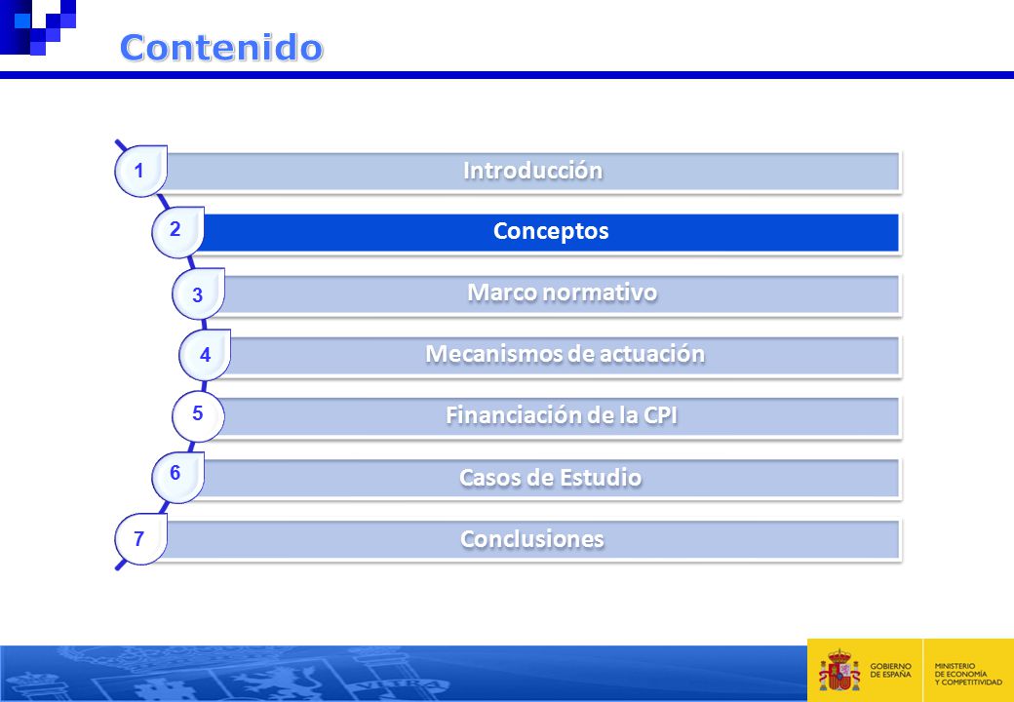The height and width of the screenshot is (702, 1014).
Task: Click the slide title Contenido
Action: (221, 47)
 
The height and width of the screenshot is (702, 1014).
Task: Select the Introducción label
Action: (533, 170)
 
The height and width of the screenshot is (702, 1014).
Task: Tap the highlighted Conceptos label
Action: (551, 231)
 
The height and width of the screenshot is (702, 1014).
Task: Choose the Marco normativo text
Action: (562, 292)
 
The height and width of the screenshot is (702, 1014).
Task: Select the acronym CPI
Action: (660, 415)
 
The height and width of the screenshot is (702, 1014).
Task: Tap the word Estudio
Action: (601, 477)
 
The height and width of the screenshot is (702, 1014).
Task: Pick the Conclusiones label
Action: (532, 538)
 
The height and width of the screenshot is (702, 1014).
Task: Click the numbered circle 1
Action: (140, 171)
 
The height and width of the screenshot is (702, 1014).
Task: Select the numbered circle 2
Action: (177, 232)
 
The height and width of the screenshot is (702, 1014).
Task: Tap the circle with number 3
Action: (198, 293)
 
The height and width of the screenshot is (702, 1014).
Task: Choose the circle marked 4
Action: (205, 355)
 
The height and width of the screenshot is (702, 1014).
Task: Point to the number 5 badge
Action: (198, 416)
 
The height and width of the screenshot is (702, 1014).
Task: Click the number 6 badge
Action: (177, 477)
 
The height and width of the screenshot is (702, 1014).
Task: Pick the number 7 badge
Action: (140, 538)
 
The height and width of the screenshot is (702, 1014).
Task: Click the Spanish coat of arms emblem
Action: (839, 671)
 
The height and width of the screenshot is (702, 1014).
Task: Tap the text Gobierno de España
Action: (890, 671)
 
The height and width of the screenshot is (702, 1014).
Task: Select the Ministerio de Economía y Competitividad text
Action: (968, 674)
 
